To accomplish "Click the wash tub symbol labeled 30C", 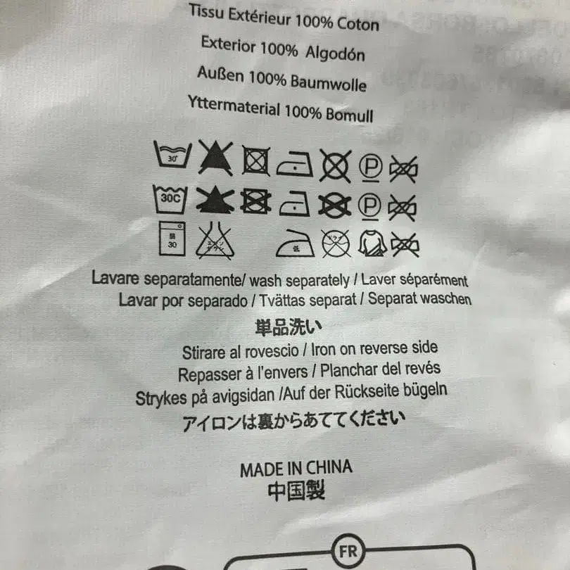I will click(x=171, y=199).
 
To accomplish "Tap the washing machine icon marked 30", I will click(x=171, y=241).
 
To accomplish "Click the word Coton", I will click(x=357, y=25).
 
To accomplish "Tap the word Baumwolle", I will click(x=330, y=84).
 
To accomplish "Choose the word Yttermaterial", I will click(x=234, y=108).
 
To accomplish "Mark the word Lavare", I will click(x=115, y=277).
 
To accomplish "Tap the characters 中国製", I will click(x=296, y=491).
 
